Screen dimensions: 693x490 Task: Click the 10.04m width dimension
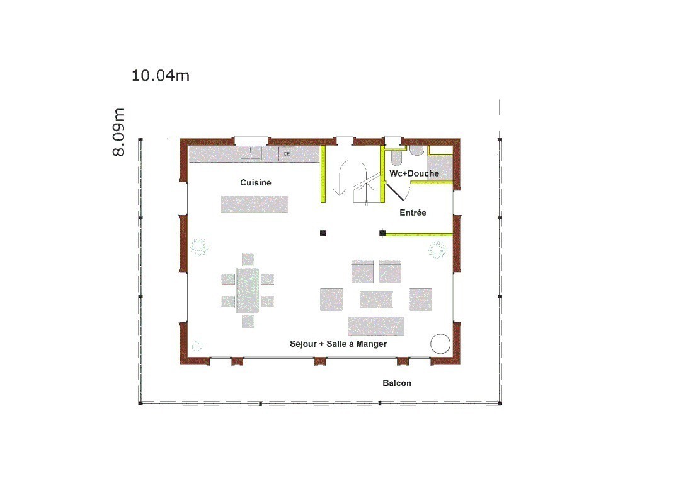pos(161,76)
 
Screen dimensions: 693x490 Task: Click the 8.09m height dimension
pos(119,132)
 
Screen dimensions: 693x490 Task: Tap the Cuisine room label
pos(255,183)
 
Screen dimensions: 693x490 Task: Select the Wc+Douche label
pos(414,173)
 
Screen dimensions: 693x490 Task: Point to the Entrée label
pos(413,213)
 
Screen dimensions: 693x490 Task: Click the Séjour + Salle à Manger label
pos(338,344)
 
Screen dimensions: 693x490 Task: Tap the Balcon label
pos(397,383)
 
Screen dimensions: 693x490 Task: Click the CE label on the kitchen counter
pos(287,154)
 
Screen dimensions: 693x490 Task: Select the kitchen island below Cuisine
pos(255,205)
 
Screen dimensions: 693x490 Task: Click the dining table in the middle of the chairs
pos(248,290)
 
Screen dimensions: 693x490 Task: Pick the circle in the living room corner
pos(440,344)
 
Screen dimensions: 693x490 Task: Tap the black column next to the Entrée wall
pos(382,233)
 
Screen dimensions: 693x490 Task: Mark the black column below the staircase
pos(323,233)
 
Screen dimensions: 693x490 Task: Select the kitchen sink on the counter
pos(251,153)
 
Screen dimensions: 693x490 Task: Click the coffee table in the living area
pos(376,300)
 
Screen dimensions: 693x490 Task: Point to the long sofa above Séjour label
pos(376,327)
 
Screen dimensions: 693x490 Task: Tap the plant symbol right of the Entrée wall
pos(437,250)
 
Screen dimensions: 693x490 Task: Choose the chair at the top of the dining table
pos(248,260)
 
